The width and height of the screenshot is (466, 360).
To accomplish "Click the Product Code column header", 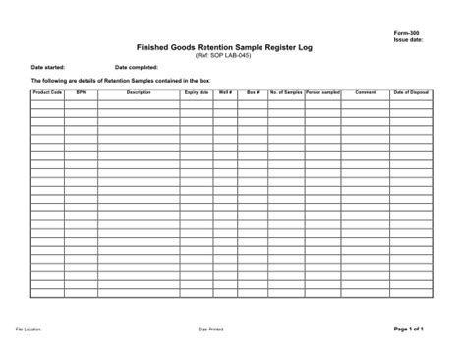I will tap(47, 91).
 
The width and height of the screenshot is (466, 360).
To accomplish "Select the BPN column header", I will tap(81, 91).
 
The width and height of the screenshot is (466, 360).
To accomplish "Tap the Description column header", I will tap(139, 91).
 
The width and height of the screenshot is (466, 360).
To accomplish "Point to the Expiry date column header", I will tap(197, 91).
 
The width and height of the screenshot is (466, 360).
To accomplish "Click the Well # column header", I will tap(225, 91).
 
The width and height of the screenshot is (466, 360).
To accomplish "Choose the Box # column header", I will tap(253, 91).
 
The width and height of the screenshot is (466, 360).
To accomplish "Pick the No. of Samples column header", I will tap(286, 91).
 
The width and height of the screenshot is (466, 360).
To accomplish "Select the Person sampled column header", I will tap(323, 91).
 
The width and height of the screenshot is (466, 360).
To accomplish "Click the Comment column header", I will tap(366, 91).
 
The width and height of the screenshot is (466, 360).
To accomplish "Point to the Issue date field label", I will tap(408, 41).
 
